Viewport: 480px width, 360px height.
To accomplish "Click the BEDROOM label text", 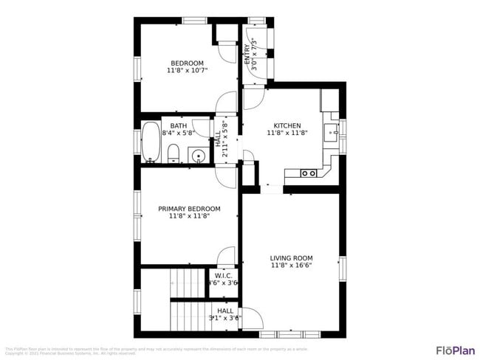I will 187,63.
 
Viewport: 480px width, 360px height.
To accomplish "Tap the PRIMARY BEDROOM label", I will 188,209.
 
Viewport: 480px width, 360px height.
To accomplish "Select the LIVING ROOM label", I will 292,257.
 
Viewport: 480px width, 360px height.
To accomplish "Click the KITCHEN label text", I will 287,125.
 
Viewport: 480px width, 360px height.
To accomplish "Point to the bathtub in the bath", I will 151,142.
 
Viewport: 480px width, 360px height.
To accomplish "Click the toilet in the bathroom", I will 173,153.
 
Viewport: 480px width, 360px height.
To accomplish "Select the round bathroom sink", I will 196,156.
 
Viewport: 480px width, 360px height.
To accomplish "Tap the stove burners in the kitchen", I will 309,173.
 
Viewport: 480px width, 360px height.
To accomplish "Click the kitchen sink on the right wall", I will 335,133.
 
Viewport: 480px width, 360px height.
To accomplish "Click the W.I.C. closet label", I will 224,275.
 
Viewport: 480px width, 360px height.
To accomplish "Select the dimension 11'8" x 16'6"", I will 292,265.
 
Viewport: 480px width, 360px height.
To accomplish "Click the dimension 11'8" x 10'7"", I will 187,71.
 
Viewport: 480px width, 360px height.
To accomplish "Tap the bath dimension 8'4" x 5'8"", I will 179,134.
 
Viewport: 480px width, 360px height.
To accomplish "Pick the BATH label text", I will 179,126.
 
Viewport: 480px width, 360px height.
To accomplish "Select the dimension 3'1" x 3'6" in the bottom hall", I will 225,319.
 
